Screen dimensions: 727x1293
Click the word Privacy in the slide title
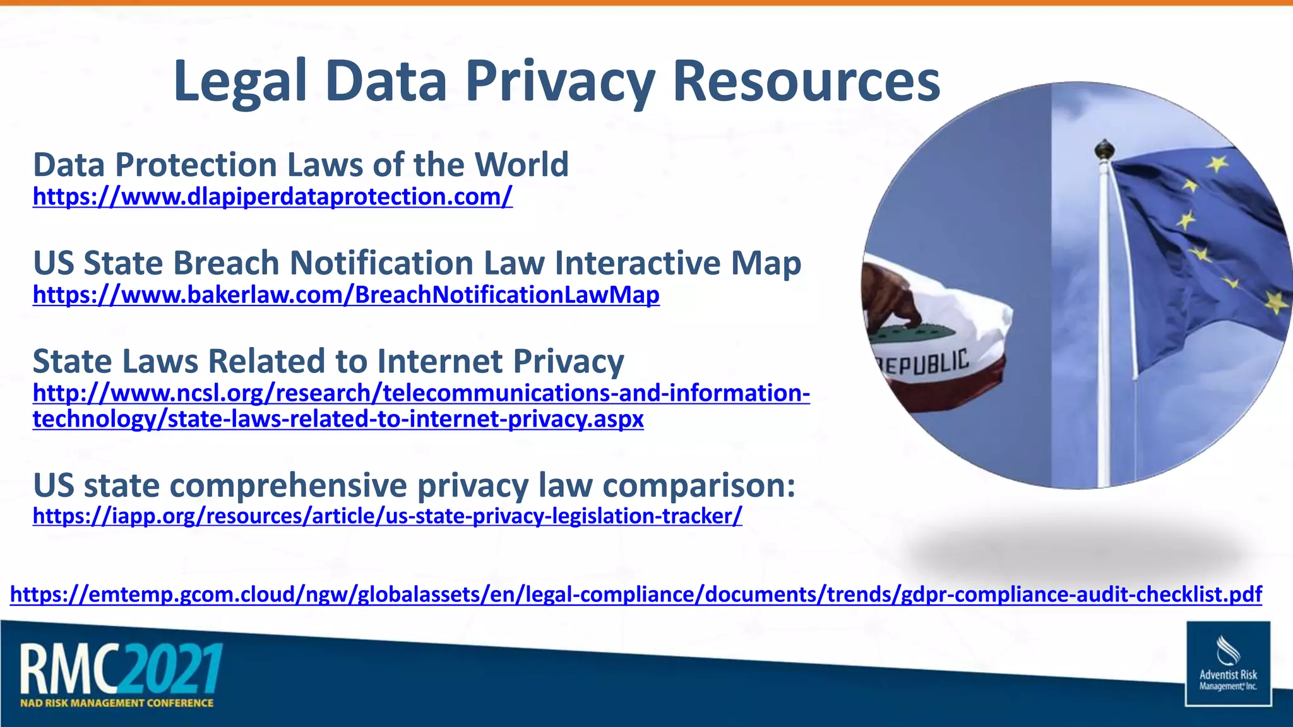click(x=560, y=82)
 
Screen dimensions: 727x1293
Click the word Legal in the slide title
click(x=240, y=82)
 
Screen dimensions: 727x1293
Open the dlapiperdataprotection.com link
click(x=272, y=197)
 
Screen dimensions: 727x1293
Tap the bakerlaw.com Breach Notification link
click(x=346, y=295)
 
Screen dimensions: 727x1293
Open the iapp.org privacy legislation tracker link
click(x=387, y=516)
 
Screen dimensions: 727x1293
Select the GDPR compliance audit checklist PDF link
click(x=636, y=594)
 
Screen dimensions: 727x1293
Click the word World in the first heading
click(x=521, y=165)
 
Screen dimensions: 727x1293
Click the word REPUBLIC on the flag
click(x=924, y=364)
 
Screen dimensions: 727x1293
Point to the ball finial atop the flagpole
click(x=1104, y=150)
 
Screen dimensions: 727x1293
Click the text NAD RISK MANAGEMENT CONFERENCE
click(x=117, y=703)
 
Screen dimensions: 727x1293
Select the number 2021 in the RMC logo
click(x=172, y=668)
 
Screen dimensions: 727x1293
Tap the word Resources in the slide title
click(x=806, y=82)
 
